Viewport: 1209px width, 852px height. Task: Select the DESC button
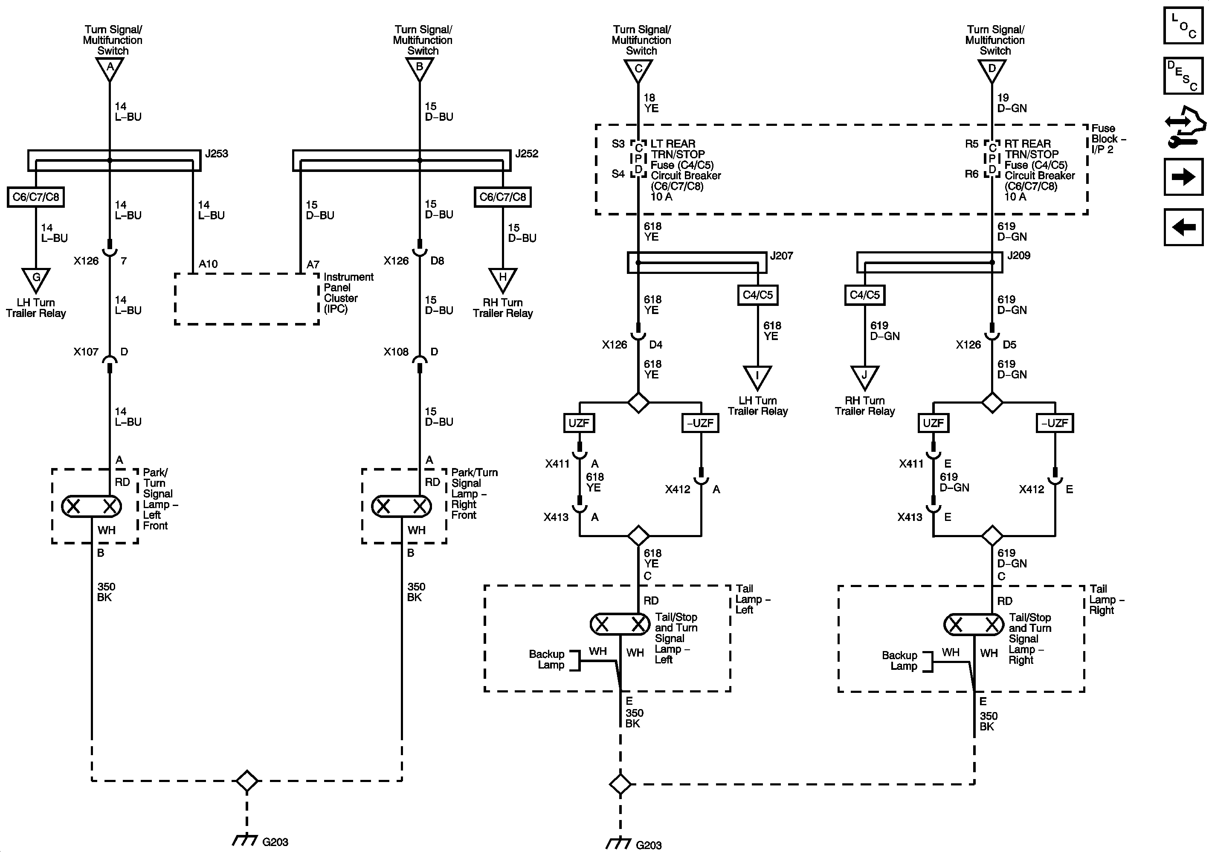point(1183,76)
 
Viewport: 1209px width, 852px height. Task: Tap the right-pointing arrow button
point(1183,177)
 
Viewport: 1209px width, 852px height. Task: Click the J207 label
point(781,256)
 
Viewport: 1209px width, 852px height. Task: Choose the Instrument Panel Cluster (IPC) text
point(348,293)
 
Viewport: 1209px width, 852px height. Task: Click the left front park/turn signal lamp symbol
point(92,506)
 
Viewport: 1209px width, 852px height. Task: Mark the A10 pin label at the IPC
point(208,264)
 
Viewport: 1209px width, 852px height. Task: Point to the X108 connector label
point(396,352)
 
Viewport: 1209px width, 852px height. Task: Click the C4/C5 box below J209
point(864,295)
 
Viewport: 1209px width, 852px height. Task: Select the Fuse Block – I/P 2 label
point(1108,139)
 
